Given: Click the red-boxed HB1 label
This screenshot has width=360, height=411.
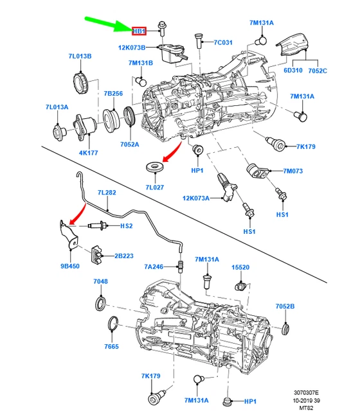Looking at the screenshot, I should tap(139, 31).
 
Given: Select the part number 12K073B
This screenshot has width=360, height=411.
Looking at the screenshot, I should tap(132, 48).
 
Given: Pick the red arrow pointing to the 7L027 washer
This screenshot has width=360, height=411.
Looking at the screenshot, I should tap(172, 152).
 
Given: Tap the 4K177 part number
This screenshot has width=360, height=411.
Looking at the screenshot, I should tap(70, 153).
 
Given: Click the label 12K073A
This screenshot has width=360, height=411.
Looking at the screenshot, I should tap(197, 198).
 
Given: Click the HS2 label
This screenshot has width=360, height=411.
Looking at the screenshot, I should tap(127, 226).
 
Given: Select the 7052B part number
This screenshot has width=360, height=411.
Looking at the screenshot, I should tap(285, 306).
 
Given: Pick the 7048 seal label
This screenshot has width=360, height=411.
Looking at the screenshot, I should tap(101, 281).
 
